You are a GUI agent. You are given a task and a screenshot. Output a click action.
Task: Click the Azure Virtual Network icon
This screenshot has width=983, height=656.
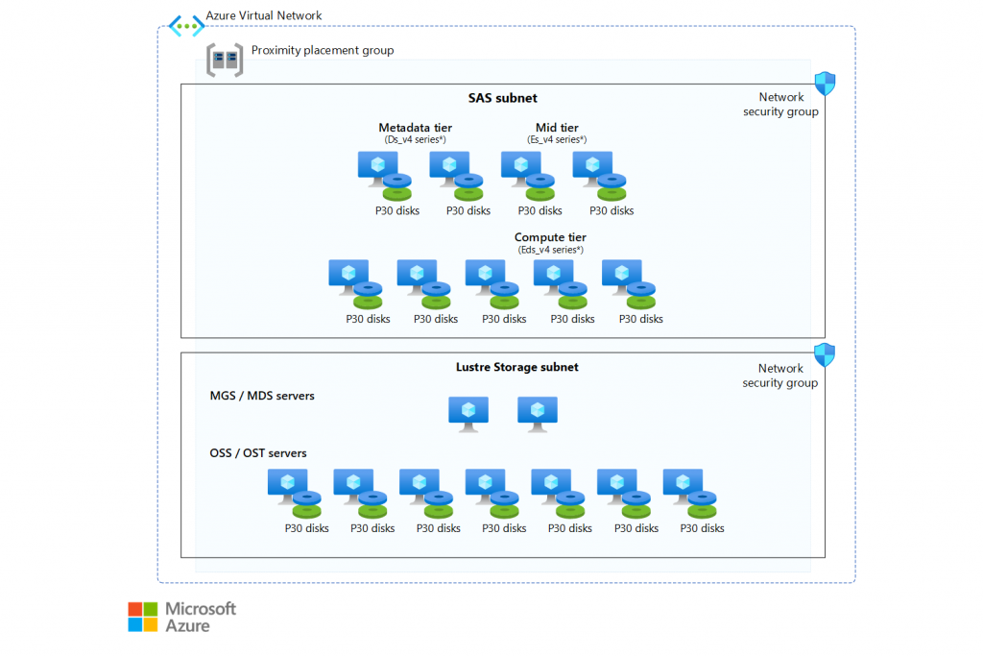[186, 26]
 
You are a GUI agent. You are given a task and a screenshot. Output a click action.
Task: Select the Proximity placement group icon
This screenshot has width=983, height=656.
[225, 60]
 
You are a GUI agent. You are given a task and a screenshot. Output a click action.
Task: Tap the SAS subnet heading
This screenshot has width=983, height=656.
[502, 98]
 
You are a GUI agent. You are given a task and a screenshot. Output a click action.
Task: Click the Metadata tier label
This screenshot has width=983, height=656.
[415, 128]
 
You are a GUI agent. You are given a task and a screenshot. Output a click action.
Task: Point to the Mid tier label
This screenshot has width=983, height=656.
[557, 128]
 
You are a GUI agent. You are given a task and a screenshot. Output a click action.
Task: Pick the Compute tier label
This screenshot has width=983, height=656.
[550, 237]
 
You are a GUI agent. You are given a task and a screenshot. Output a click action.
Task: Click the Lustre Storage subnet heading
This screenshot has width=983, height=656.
[516, 367]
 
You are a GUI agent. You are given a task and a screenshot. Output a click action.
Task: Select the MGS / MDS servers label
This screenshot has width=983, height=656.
[262, 396]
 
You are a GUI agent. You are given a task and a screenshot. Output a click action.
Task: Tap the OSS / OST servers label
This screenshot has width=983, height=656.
[258, 453]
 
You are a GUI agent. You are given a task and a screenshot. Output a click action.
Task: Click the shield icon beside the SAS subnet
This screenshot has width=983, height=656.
[825, 82]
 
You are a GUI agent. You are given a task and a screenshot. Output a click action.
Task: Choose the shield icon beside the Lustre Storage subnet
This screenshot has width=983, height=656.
[825, 354]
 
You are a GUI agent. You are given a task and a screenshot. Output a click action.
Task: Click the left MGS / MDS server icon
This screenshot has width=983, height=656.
[468, 413]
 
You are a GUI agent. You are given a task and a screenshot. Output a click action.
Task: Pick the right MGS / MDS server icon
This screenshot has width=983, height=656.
[538, 413]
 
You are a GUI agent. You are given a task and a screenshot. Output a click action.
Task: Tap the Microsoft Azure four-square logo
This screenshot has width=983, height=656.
[142, 617]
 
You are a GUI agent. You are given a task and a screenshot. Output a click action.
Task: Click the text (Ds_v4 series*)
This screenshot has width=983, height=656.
[415, 140]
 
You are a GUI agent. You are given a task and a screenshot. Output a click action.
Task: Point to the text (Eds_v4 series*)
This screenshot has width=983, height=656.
[550, 250]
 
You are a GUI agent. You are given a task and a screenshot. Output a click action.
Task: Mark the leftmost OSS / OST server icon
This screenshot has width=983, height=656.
[288, 486]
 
